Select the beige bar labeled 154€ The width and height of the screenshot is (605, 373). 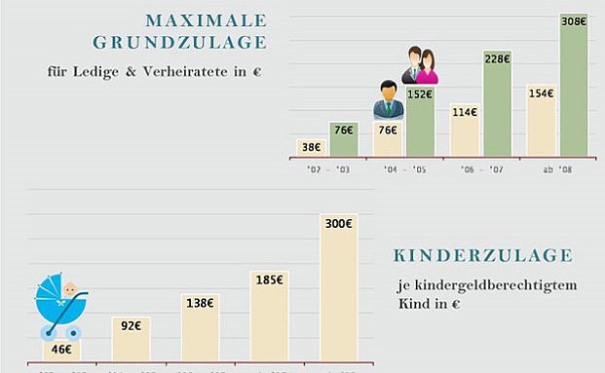(x=540, y=121)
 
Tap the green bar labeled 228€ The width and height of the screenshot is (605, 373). (x=497, y=103)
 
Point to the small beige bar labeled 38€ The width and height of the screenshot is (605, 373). (x=310, y=147)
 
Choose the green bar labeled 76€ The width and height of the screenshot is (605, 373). (x=344, y=138)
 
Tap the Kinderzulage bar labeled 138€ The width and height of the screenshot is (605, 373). (x=200, y=327)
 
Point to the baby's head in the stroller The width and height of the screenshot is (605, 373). (x=70, y=289)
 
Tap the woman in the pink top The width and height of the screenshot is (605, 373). (x=427, y=68)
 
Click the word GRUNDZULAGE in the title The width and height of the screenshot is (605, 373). (x=180, y=43)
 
